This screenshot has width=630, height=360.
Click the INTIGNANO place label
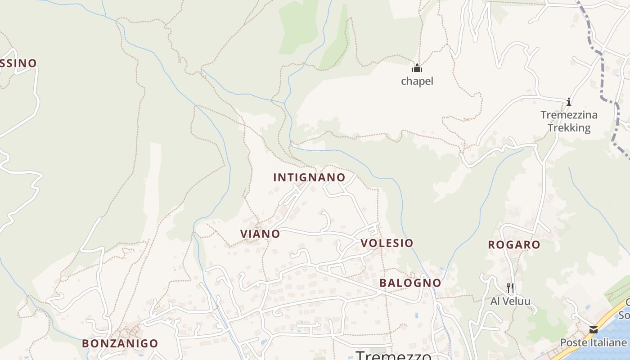(x=309, y=177)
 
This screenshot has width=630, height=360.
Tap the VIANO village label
(x=260, y=234)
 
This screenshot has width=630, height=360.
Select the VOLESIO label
(x=387, y=243)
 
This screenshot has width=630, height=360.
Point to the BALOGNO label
(x=410, y=283)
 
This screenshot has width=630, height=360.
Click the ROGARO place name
(x=514, y=245)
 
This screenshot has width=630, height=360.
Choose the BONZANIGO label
(x=120, y=343)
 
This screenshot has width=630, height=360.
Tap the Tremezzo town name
(x=393, y=355)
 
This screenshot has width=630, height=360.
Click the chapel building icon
(x=417, y=68)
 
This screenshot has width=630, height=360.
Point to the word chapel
(x=417, y=81)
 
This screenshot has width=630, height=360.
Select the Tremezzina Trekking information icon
(x=569, y=102)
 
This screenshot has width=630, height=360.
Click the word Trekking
(x=569, y=128)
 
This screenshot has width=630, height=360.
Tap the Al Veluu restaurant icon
(x=510, y=288)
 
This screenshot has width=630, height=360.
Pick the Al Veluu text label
(x=510, y=301)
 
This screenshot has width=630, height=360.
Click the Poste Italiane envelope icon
(x=594, y=330)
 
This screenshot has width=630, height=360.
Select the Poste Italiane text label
(x=593, y=342)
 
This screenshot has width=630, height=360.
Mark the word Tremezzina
(x=569, y=115)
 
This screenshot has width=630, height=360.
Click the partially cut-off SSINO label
(x=18, y=63)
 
